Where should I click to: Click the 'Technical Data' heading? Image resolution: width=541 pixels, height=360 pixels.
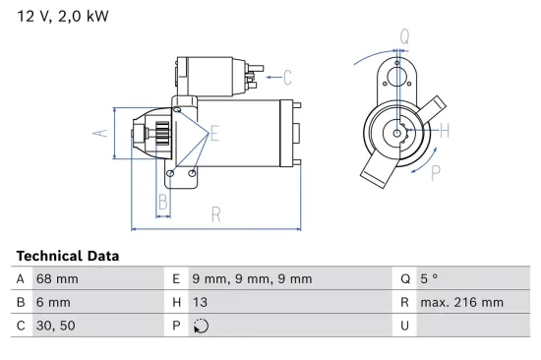click(x=68, y=256)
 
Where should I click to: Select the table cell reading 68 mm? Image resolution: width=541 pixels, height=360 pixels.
click(x=57, y=279)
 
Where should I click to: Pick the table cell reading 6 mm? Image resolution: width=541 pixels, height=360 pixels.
click(x=53, y=303)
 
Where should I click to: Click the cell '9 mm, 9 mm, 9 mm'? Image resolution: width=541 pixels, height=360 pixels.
click(x=252, y=279)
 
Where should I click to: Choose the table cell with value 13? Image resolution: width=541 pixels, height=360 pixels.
click(x=201, y=303)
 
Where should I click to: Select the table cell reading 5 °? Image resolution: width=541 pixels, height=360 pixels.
click(x=431, y=279)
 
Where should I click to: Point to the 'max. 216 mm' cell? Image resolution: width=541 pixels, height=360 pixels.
click(x=461, y=303)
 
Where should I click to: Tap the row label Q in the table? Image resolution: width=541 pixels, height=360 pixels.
click(x=403, y=279)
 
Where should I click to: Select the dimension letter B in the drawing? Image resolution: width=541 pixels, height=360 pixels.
click(x=164, y=205)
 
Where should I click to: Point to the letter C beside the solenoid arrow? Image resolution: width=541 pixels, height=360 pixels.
click(x=287, y=76)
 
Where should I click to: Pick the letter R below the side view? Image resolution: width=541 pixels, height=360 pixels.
click(x=215, y=214)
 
